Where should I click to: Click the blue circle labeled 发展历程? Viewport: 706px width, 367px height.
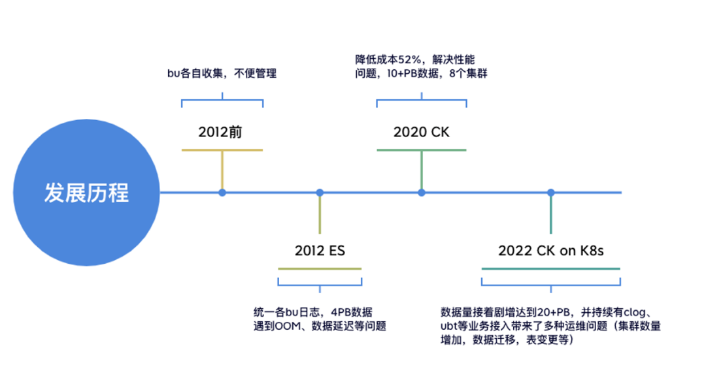click(86, 193)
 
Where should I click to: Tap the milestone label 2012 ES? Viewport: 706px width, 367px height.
click(320, 251)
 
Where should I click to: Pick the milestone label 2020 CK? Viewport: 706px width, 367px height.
click(422, 132)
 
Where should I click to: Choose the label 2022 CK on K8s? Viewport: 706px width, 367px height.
click(550, 251)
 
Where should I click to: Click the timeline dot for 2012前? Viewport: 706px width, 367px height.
click(222, 193)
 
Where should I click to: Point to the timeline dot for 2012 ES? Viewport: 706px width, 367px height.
click(320, 193)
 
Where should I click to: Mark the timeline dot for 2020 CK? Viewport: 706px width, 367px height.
click(422, 193)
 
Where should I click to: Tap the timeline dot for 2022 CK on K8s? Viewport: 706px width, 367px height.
click(551, 193)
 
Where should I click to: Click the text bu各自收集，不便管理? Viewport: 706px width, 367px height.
click(222, 73)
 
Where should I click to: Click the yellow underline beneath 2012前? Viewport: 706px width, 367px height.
click(222, 150)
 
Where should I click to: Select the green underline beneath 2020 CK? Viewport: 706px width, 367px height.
click(422, 150)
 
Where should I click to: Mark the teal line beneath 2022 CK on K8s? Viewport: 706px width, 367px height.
click(550, 268)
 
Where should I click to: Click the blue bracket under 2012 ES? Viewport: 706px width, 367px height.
click(320, 282)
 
